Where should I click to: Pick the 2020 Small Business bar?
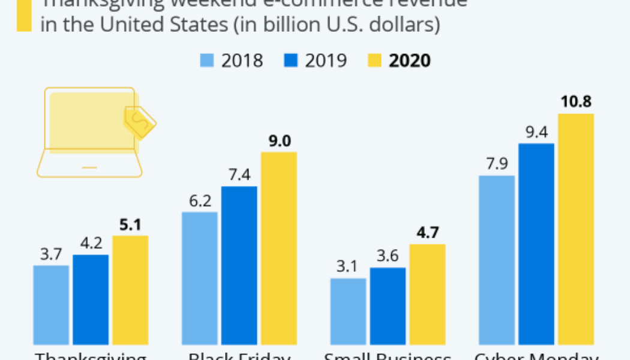click(428, 294)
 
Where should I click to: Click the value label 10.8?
click(575, 101)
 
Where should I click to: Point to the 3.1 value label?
click(348, 266)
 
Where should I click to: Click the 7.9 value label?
click(497, 164)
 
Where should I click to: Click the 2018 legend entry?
click(232, 61)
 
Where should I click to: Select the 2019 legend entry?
click(316, 61)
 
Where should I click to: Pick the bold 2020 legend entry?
click(399, 61)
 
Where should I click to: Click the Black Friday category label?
click(239, 355)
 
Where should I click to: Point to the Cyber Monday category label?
click(536, 355)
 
